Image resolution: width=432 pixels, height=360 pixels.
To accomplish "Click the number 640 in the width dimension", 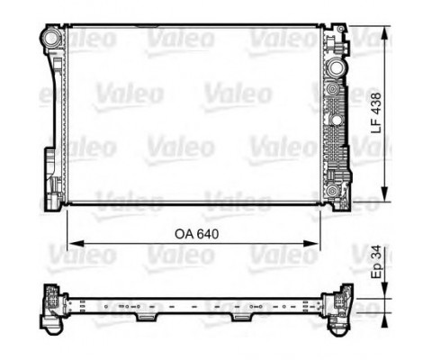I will [x=209, y=233].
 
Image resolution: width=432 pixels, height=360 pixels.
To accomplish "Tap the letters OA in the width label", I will [x=184, y=233].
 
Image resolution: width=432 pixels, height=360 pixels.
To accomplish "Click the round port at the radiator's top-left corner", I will [x=51, y=38].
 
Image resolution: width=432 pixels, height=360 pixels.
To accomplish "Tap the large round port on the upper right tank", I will [x=337, y=67].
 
